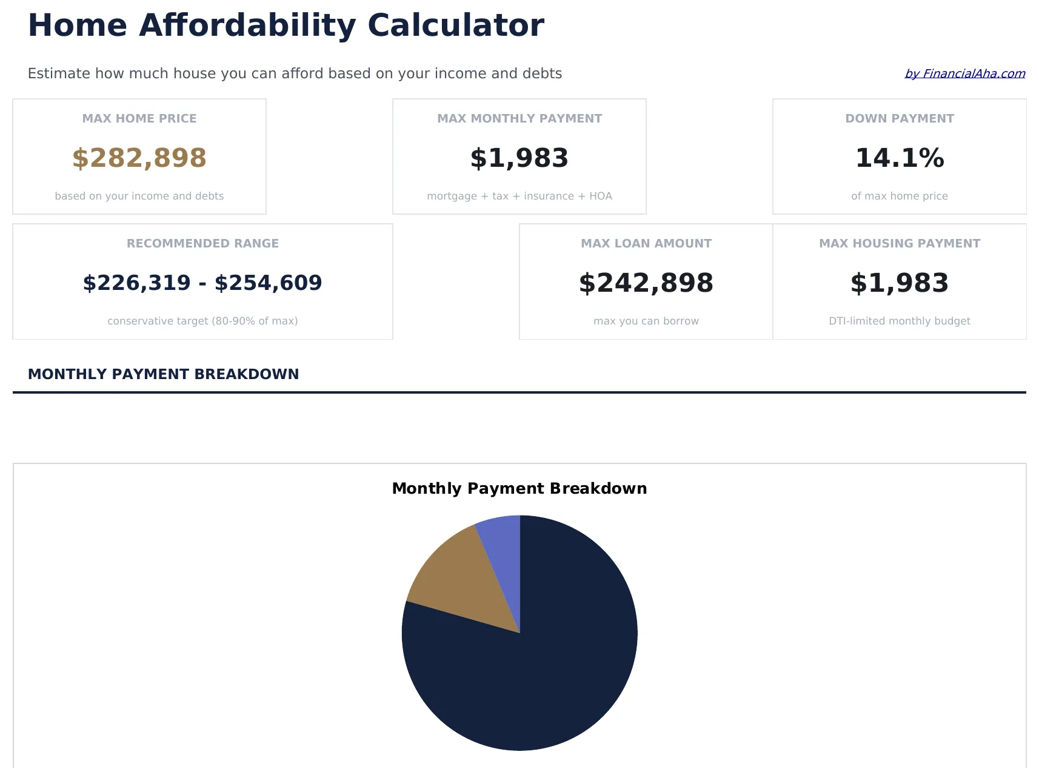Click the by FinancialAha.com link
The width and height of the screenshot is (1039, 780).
pos(964,73)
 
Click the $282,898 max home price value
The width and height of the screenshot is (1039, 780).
pos(139,158)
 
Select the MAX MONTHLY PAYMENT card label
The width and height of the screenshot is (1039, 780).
pos(519,118)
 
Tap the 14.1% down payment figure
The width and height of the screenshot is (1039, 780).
pos(899,158)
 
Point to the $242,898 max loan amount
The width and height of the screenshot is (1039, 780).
pos(646,283)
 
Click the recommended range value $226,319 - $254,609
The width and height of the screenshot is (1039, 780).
pos(202,283)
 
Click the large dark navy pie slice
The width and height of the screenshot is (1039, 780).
pos(546,667)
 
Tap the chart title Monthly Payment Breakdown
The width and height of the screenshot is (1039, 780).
pos(519,488)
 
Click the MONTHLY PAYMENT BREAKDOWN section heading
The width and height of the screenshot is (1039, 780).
pos(164,374)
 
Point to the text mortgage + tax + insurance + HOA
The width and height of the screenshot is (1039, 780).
pos(519,196)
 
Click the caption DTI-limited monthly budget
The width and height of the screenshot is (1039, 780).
pos(899,321)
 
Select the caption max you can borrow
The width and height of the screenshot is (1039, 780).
pos(646,321)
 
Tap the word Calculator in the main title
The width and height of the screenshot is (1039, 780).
pos(455,25)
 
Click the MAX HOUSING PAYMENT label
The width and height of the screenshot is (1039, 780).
pos(899,243)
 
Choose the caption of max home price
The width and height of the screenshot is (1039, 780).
pos(899,196)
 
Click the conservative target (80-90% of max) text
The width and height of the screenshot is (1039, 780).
pos(202,321)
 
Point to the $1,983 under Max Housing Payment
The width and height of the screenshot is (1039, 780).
pos(899,283)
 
